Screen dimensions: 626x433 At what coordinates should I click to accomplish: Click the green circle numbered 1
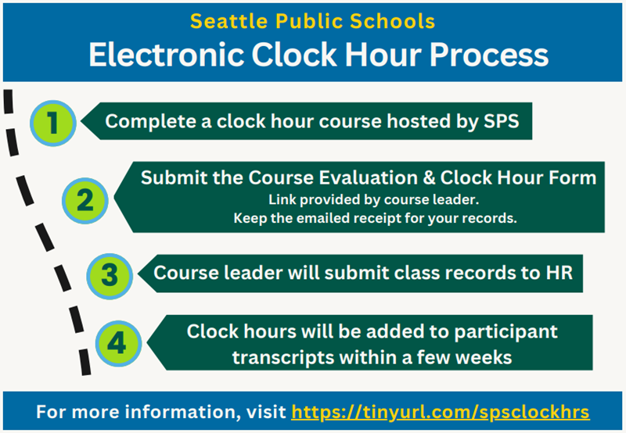pos(53,123)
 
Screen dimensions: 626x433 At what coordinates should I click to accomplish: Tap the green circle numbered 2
pos(85,201)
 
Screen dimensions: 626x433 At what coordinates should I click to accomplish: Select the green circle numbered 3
pos(110,276)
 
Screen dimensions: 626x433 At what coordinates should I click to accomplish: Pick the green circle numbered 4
pos(119,343)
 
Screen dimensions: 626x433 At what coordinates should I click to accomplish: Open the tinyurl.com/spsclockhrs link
pos(441,412)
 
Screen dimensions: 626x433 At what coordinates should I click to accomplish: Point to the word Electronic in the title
pos(166,55)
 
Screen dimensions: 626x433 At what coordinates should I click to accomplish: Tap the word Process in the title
pos(489,55)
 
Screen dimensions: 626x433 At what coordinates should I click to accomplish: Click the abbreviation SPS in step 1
pos(501,121)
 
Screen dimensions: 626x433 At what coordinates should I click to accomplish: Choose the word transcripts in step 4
pos(283,358)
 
